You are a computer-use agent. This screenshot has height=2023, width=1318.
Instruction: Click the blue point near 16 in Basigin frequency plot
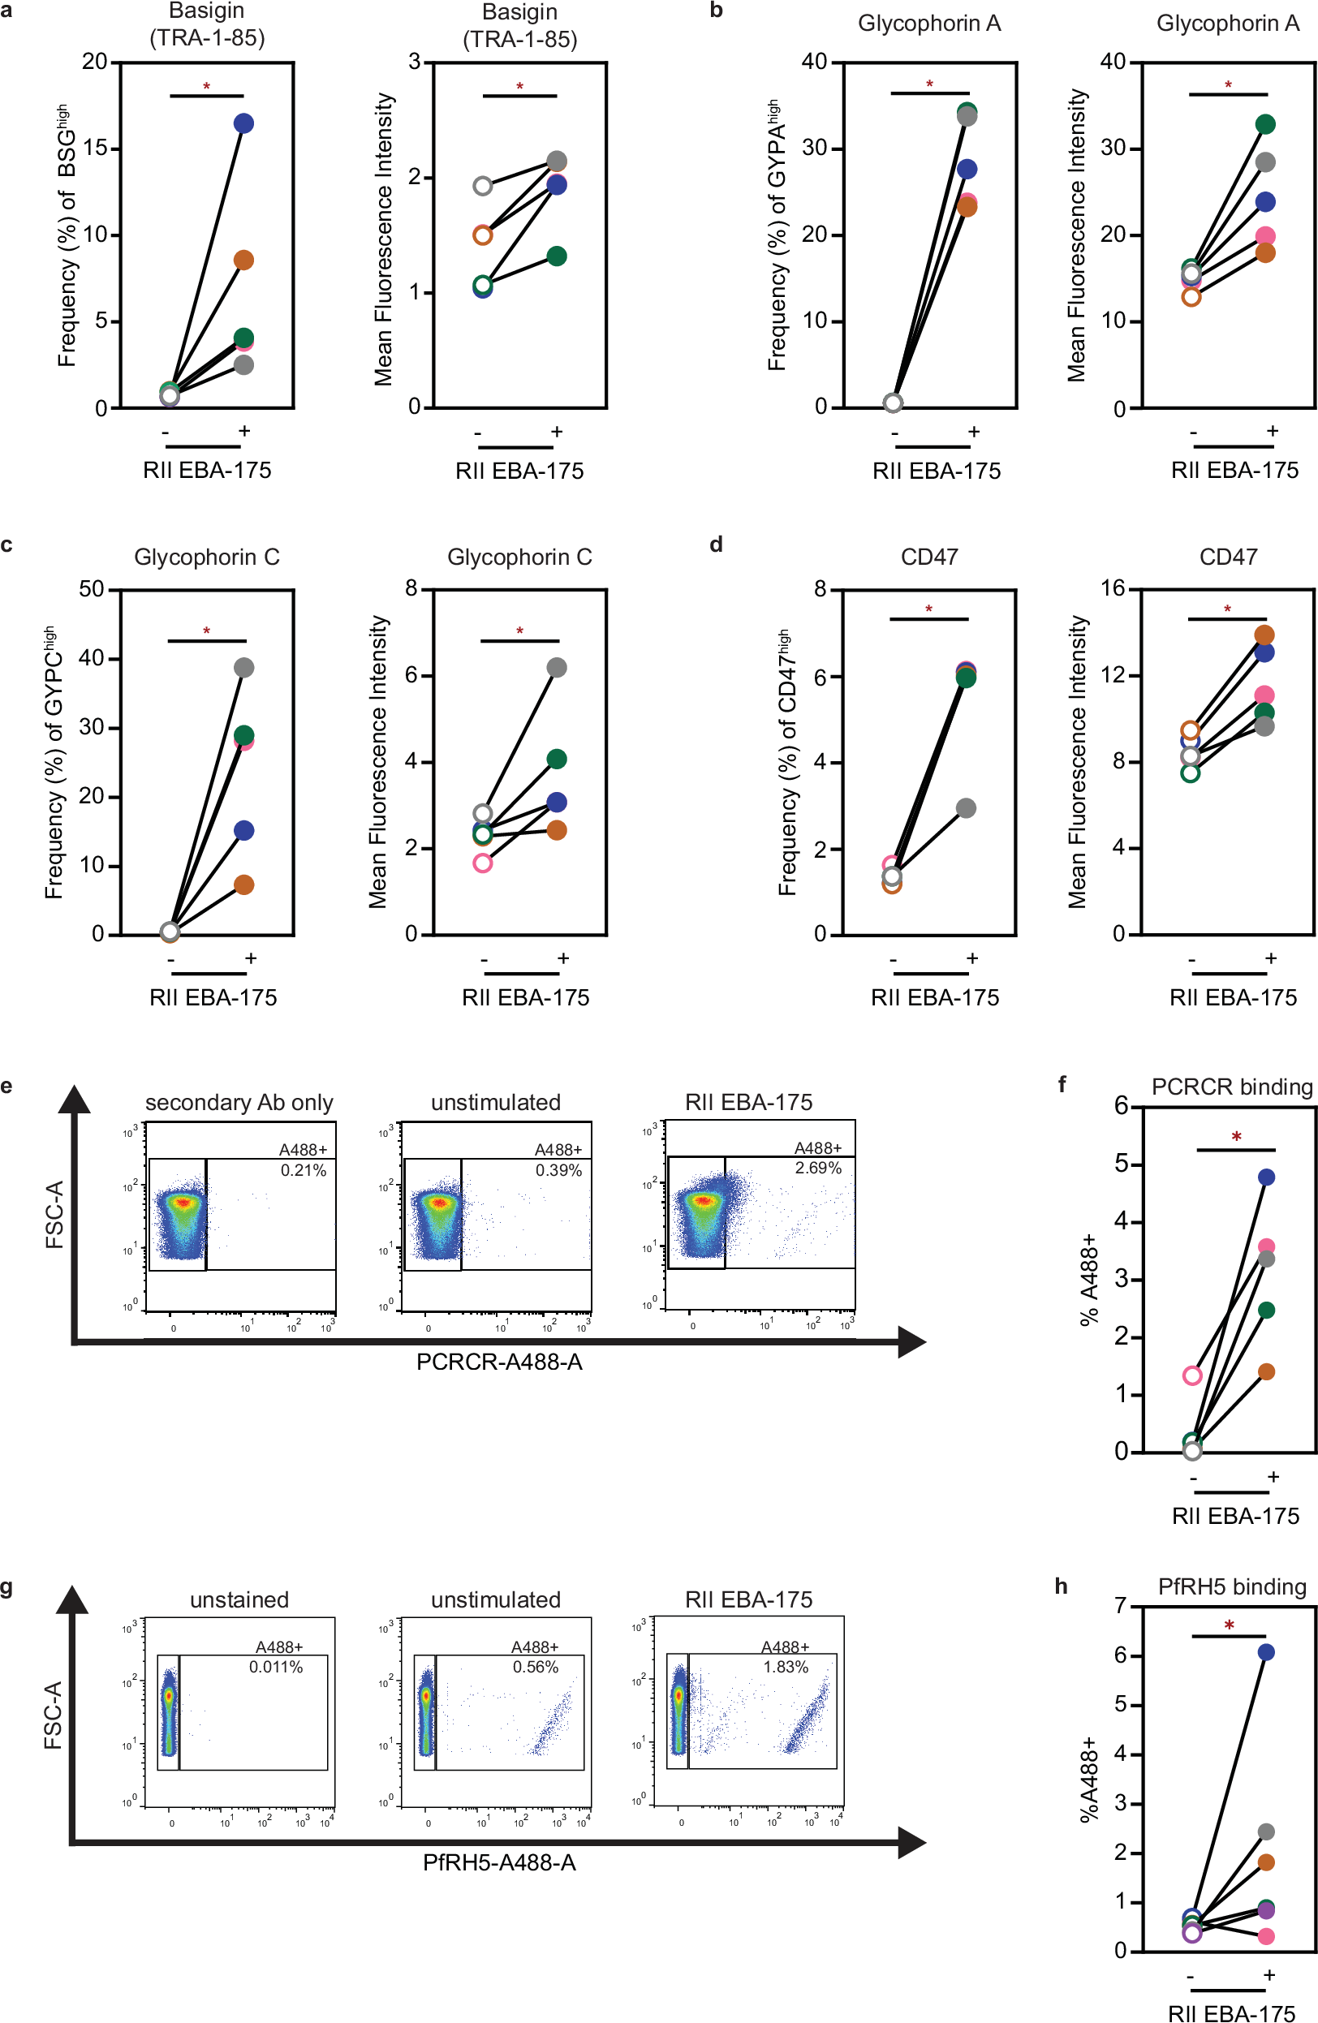pyautogui.click(x=244, y=123)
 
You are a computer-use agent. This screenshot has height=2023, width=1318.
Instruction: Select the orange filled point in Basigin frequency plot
pyautogui.click(x=244, y=260)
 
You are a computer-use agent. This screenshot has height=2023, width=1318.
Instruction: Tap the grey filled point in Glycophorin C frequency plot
pyautogui.click(x=244, y=668)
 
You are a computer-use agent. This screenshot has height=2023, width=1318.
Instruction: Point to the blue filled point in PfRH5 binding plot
pyautogui.click(x=1265, y=1652)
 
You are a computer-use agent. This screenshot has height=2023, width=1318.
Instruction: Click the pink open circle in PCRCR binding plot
pyautogui.click(x=1192, y=1375)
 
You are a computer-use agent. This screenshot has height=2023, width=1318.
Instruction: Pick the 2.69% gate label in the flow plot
pyautogui.click(x=818, y=1168)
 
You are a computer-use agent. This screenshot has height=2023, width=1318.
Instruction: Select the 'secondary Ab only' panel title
pyautogui.click(x=239, y=1103)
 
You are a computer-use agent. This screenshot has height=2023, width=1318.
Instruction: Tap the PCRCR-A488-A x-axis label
pyautogui.click(x=499, y=1362)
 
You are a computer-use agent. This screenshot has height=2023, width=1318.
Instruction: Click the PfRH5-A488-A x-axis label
pyautogui.click(x=499, y=1863)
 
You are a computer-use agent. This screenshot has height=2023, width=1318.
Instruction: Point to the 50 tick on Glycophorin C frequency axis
pyautogui.click(x=91, y=589)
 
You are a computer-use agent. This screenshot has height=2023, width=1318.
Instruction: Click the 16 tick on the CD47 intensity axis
pyautogui.click(x=1112, y=588)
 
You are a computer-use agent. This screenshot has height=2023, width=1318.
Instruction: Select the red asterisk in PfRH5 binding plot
pyautogui.click(x=1229, y=1625)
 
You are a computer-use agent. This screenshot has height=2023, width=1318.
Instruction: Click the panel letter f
pyautogui.click(x=1062, y=1084)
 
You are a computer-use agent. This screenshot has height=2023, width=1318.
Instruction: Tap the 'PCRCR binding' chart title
pyautogui.click(x=1231, y=1087)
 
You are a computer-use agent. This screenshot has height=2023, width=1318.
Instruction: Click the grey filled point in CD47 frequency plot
pyautogui.click(x=965, y=808)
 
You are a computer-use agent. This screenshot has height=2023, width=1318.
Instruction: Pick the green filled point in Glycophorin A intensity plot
pyautogui.click(x=1265, y=124)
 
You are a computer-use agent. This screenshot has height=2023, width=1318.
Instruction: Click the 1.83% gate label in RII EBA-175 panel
pyautogui.click(x=786, y=1667)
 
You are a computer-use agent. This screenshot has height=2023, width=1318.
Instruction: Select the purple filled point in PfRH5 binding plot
pyautogui.click(x=1265, y=1911)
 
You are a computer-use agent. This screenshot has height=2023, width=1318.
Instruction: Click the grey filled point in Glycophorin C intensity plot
pyautogui.click(x=556, y=668)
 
